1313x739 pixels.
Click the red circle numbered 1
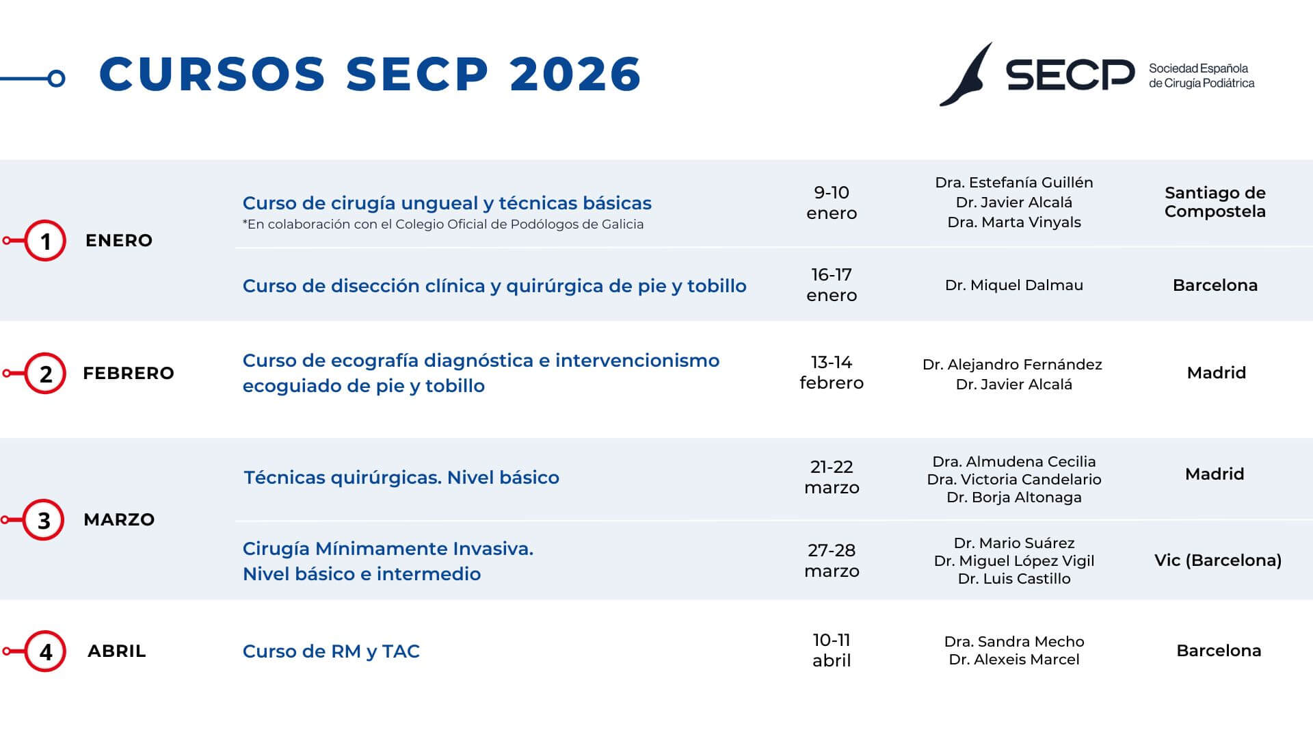click(x=45, y=241)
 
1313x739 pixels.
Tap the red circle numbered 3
click(x=44, y=520)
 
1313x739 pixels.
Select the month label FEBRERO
click(x=129, y=373)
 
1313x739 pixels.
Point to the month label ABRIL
click(x=117, y=651)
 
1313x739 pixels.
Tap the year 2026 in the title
click(x=575, y=74)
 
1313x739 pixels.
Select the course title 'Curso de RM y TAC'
click(x=331, y=651)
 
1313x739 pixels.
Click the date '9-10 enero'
click(x=832, y=203)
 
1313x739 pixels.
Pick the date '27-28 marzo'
click(x=832, y=560)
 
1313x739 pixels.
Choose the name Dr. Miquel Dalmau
click(x=1013, y=285)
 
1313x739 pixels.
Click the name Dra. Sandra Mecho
click(x=1013, y=642)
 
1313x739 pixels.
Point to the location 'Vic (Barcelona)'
click(x=1218, y=560)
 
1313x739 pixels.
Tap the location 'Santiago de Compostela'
click(x=1215, y=202)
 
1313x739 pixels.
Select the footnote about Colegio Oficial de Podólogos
click(x=443, y=224)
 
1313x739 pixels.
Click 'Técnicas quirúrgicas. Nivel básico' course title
click(x=401, y=478)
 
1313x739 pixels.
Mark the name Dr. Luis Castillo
click(x=1013, y=579)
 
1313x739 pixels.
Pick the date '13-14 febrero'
click(x=832, y=372)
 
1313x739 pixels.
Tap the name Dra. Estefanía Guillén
click(x=1013, y=183)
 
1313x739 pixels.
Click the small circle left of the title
click(x=57, y=79)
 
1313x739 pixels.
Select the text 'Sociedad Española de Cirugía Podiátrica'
click(x=1201, y=76)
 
